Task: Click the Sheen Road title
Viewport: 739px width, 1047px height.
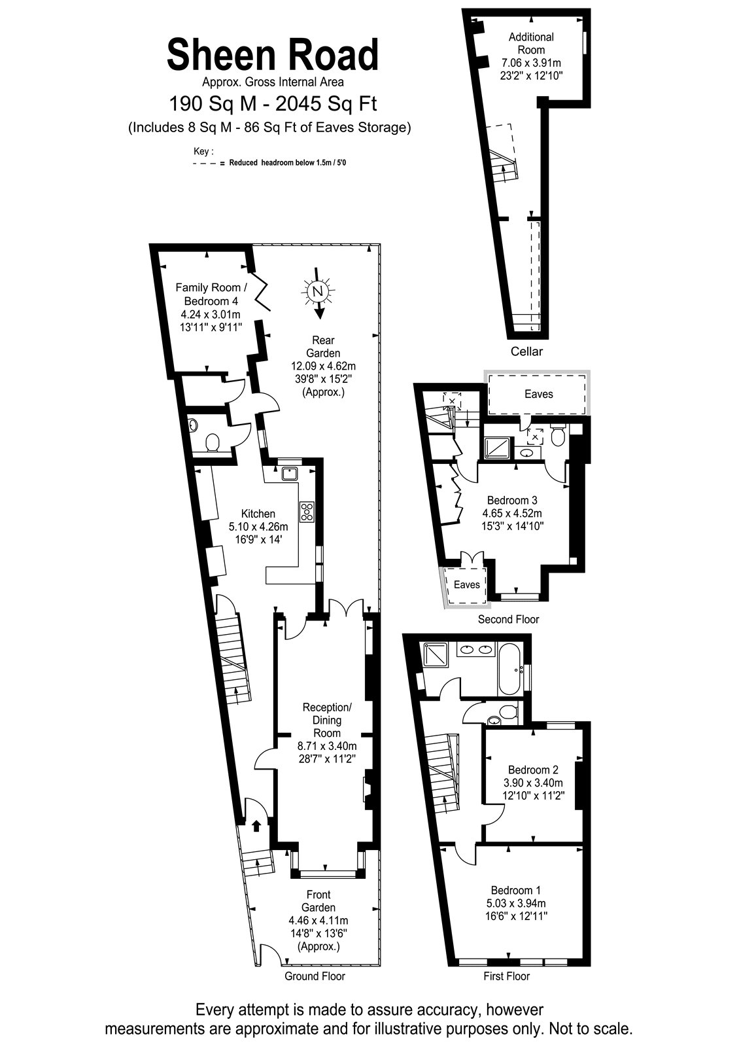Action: coord(272,55)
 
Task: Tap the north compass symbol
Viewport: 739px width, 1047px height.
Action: coord(318,293)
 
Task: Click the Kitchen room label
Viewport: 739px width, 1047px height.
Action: coord(258,513)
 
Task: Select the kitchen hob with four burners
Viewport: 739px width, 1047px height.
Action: coord(307,512)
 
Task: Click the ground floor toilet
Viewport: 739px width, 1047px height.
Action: coord(213,442)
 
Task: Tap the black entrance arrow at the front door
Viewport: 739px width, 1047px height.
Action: coord(256,825)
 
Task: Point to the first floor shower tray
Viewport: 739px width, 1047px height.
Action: coord(435,655)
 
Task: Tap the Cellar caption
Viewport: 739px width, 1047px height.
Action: coord(526,351)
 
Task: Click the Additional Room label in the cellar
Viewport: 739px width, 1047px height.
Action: coord(531,43)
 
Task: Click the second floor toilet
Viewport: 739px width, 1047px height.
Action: coord(558,435)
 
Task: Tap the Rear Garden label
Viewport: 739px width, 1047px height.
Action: coord(323,347)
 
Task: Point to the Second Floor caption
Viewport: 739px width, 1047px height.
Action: coord(508,620)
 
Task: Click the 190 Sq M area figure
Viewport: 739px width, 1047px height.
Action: coord(213,104)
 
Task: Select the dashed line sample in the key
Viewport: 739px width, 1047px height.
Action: coord(209,164)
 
